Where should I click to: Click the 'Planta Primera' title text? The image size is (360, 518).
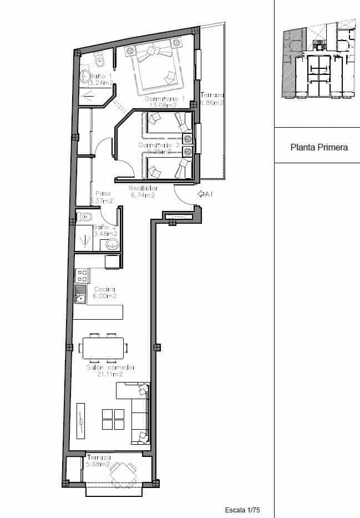point(319,148)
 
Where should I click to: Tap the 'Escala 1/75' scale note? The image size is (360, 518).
point(242,509)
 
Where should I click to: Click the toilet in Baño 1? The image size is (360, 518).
point(99,57)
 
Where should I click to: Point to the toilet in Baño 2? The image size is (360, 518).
point(87,217)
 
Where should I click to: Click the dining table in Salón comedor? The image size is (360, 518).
point(103,348)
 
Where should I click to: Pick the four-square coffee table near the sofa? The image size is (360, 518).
point(113,419)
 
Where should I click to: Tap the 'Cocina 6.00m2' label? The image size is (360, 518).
point(104,293)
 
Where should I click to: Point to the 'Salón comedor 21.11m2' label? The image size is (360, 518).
point(111,371)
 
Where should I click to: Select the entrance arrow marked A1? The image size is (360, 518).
point(205,194)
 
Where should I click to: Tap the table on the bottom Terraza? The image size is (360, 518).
point(122,475)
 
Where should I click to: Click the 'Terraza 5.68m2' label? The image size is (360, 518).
point(98,461)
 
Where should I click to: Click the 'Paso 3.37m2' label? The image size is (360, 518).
point(101,197)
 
